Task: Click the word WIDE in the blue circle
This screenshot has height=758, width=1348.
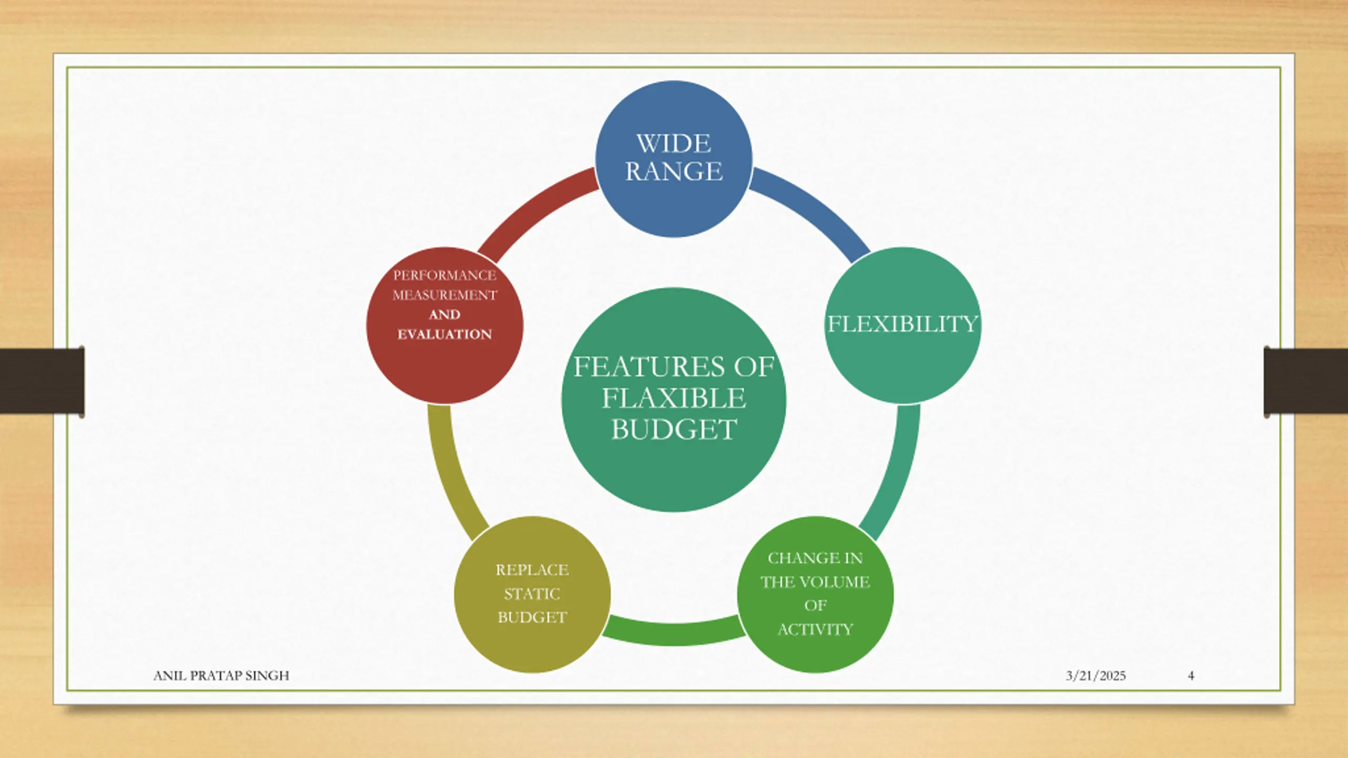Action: (x=673, y=144)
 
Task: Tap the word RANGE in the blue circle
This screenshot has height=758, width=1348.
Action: (x=673, y=172)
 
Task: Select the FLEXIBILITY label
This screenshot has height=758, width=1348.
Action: (x=903, y=324)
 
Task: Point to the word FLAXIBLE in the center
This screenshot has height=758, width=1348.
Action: (x=673, y=398)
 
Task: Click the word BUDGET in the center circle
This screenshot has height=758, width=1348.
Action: (x=673, y=430)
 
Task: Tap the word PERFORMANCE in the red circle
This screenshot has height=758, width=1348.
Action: (x=444, y=275)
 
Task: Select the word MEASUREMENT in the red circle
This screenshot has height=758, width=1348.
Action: (x=444, y=295)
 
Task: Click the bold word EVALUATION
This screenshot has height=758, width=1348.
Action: (x=444, y=334)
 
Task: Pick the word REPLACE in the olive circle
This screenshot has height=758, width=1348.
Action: (x=532, y=570)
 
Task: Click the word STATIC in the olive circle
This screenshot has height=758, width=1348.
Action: (x=532, y=594)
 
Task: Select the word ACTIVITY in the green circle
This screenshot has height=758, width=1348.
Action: (x=815, y=630)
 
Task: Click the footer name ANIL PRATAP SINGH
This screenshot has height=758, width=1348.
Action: (x=221, y=675)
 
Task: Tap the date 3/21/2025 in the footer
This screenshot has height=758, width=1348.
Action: (x=1096, y=676)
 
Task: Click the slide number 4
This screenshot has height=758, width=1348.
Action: (x=1191, y=676)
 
